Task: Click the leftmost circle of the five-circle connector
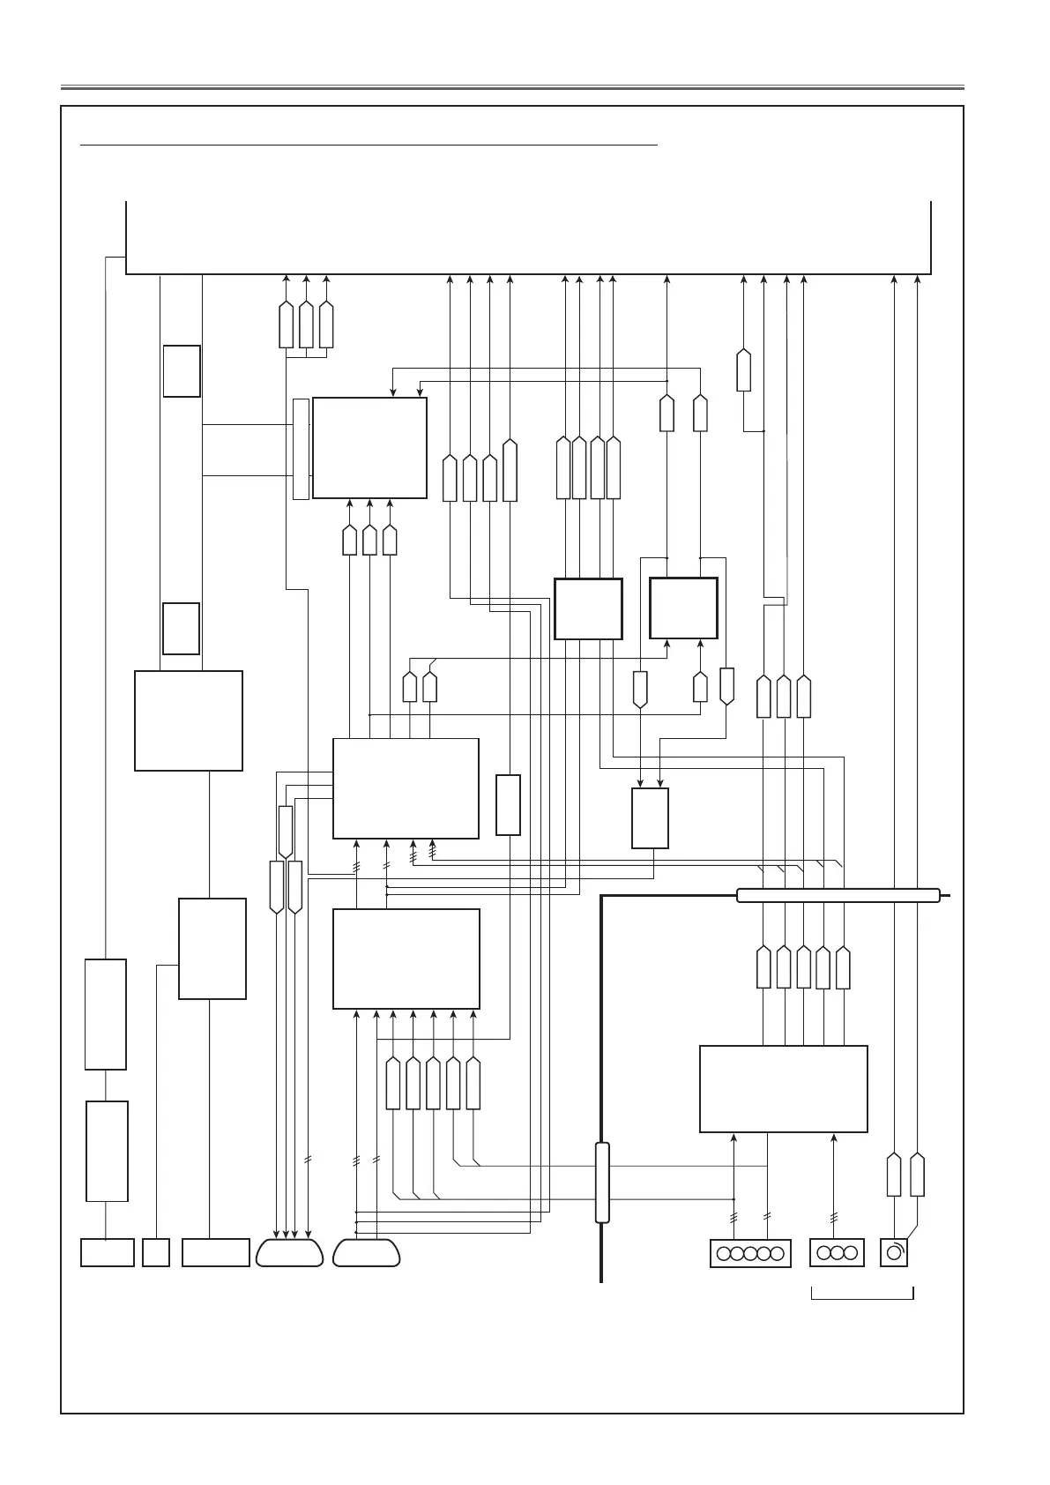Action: (x=723, y=1253)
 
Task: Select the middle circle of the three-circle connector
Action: (x=837, y=1253)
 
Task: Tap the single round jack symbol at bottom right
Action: (x=894, y=1253)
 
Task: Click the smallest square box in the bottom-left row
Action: (x=156, y=1253)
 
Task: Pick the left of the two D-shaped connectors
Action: (x=289, y=1253)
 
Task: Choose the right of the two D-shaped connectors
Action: (x=367, y=1253)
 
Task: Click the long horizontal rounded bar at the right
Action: (x=838, y=896)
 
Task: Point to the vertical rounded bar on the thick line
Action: (x=602, y=1183)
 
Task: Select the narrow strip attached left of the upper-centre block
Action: (x=301, y=448)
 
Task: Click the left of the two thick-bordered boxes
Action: (x=588, y=608)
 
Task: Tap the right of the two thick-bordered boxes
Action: (x=683, y=608)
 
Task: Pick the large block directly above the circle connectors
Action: (x=783, y=1088)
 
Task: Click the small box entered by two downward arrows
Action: (x=650, y=818)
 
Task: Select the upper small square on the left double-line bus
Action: (x=182, y=371)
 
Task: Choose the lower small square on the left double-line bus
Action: (x=182, y=629)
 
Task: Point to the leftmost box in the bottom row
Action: (x=108, y=1253)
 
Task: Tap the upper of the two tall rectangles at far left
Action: (x=106, y=1014)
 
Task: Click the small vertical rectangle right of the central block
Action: (x=508, y=804)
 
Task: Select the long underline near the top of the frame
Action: (x=369, y=143)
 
